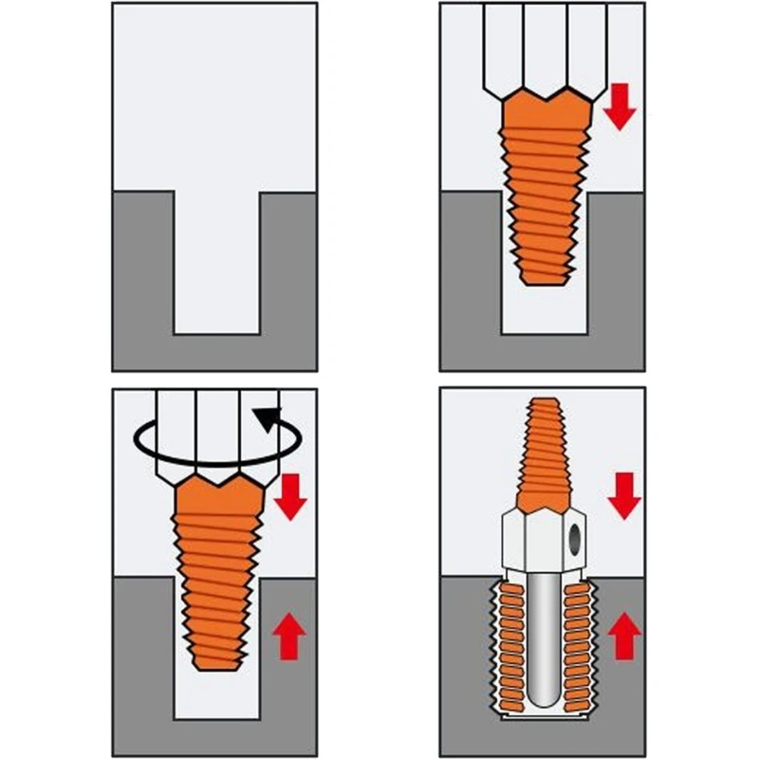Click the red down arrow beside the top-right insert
coord(620,105)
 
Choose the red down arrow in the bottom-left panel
coord(290,495)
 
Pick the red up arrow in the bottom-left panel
coord(290,635)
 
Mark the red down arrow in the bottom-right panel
coord(623,495)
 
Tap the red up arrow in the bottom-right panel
coord(623,636)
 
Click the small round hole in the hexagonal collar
coord(574,538)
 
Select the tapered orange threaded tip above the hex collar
coord(544,455)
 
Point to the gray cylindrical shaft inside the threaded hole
coord(543,645)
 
